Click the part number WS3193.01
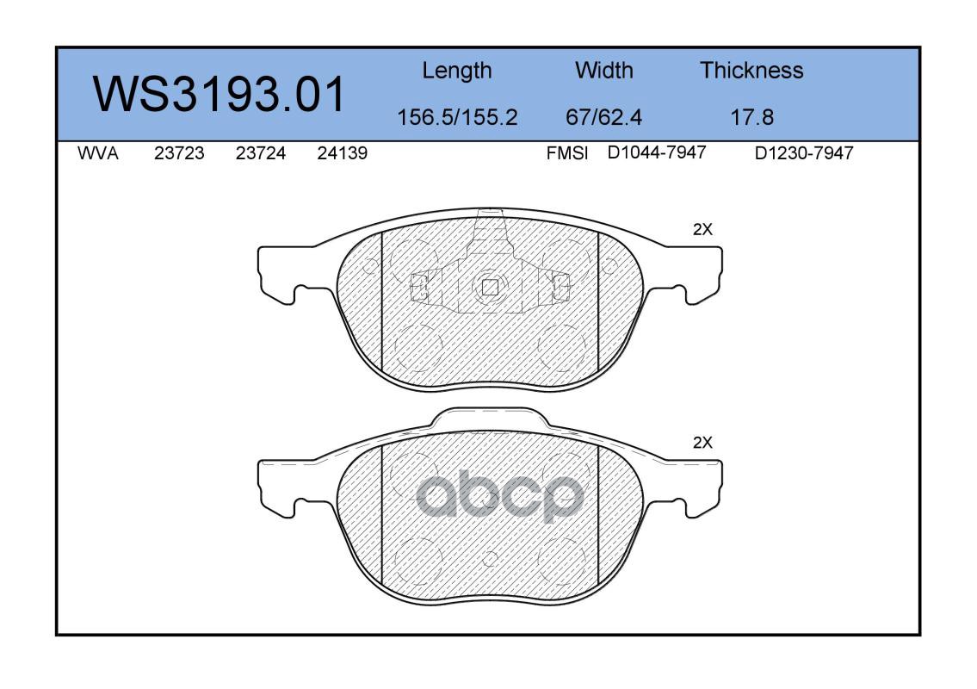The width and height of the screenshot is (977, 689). [x=219, y=94]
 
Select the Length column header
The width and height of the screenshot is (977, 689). [x=457, y=71]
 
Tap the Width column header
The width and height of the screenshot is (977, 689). [x=603, y=70]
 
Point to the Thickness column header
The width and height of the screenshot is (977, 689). [x=751, y=70]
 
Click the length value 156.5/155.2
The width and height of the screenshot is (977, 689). [x=457, y=117]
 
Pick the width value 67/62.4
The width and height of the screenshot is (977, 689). [x=603, y=117]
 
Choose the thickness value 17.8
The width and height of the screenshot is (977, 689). [x=751, y=117]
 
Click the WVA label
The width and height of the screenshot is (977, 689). [x=98, y=153]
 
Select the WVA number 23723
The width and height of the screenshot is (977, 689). [x=179, y=153]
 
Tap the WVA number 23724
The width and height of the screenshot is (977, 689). [x=261, y=153]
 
